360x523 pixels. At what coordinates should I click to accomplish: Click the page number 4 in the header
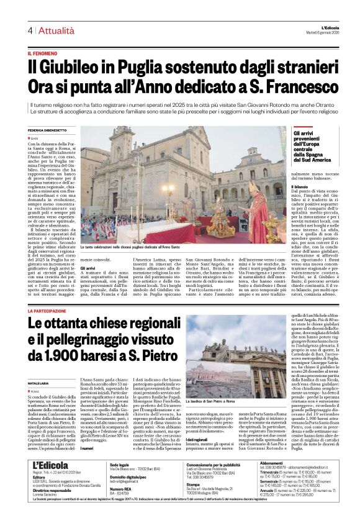(29, 30)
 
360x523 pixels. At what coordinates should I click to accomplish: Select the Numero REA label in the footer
(120, 506)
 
